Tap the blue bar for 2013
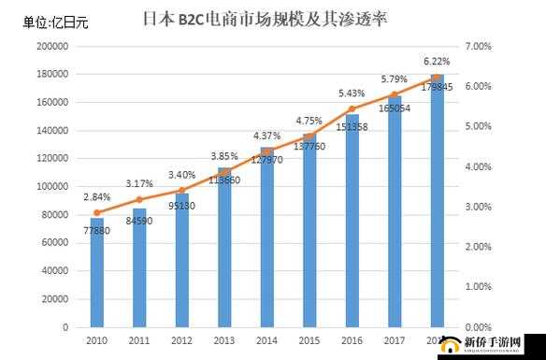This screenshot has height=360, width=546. (x=224, y=248)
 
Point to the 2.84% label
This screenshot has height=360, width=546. (x=96, y=197)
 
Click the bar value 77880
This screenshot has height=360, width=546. (x=96, y=230)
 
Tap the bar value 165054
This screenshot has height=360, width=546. (x=394, y=108)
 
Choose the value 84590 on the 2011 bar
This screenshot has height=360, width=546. (x=139, y=221)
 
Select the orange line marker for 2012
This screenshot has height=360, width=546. (x=182, y=190)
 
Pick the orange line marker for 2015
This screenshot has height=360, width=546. (x=309, y=136)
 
